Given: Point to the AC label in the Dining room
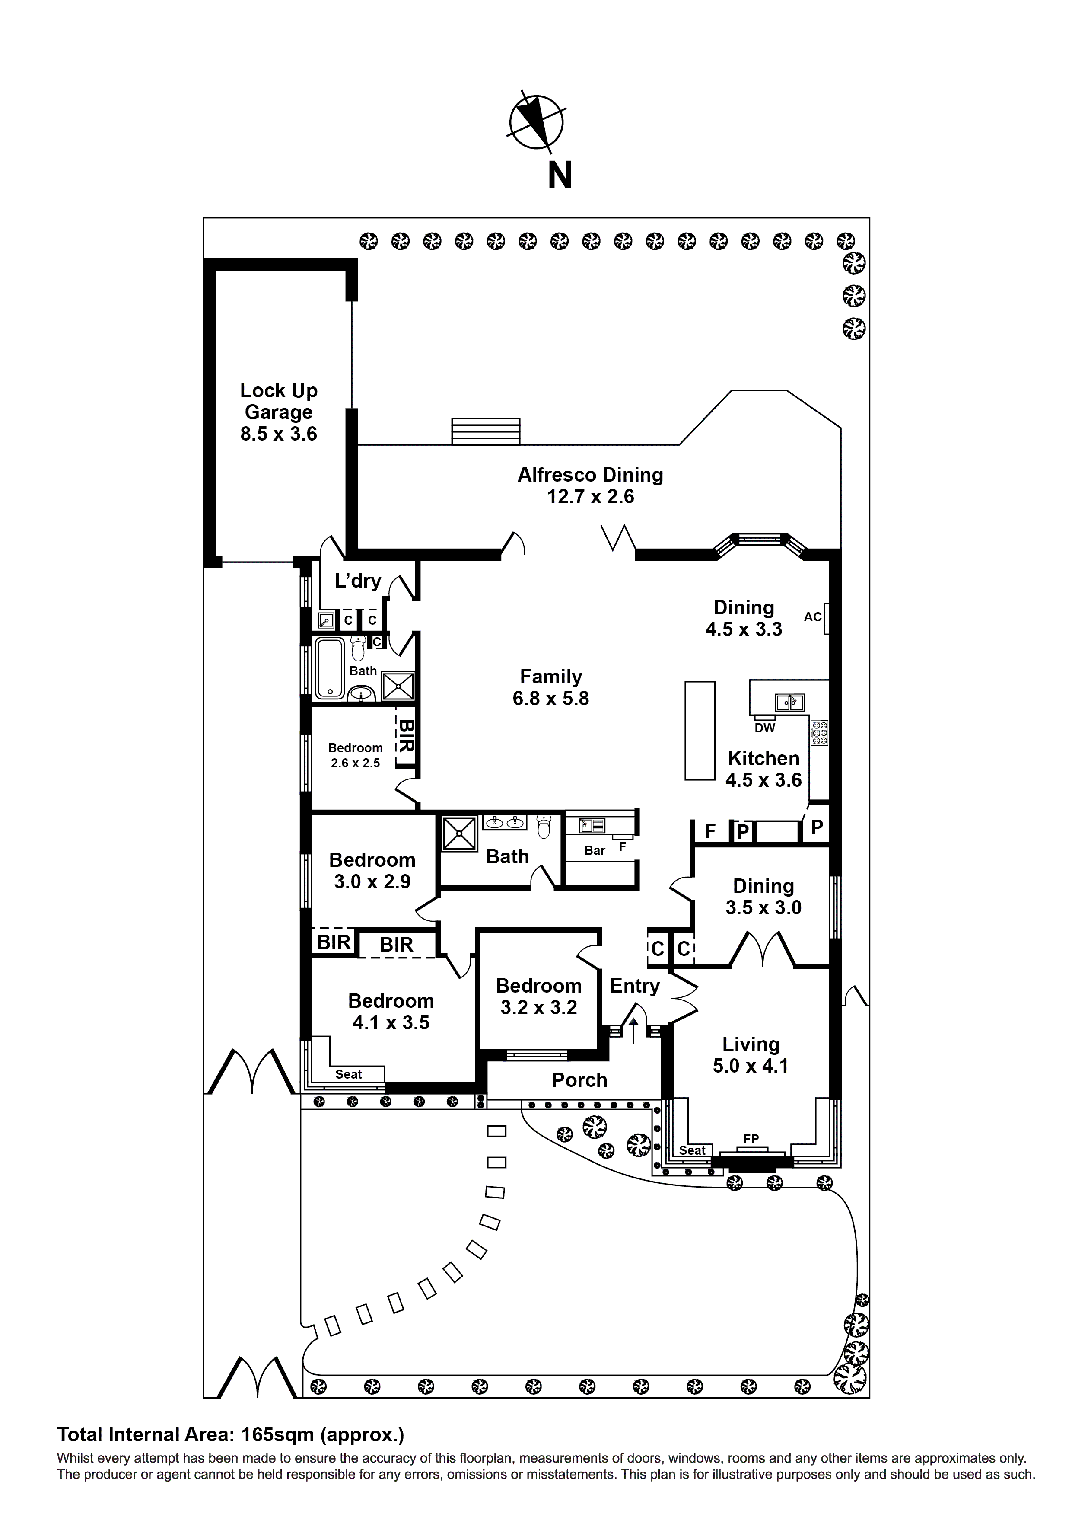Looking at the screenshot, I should click(812, 616).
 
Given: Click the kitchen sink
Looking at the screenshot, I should click(789, 702).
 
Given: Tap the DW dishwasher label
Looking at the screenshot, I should click(764, 728).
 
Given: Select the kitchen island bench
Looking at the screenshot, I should click(700, 731).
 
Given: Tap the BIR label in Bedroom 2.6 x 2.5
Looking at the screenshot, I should click(406, 736).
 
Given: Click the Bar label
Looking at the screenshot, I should click(595, 850).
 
